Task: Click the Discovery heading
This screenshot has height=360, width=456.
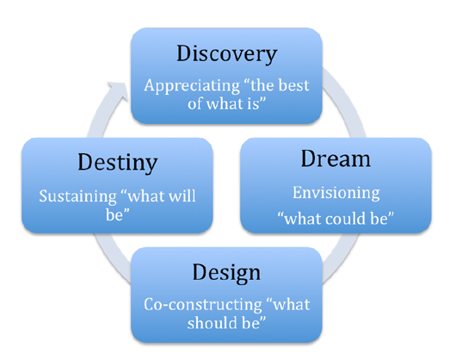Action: point(227,54)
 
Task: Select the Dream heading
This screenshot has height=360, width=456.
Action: point(336,158)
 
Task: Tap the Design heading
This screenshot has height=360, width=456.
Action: point(226,272)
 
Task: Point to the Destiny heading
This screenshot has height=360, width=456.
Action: point(118,163)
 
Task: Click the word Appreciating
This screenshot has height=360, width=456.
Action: point(192,86)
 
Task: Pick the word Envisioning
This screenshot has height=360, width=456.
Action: point(336,193)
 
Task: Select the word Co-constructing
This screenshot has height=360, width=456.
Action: point(203,305)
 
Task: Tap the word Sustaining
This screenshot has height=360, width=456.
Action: point(77,196)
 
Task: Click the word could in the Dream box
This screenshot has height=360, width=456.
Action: point(346,219)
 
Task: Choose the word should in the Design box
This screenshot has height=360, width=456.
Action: point(210,323)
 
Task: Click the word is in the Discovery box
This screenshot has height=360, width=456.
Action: point(253,103)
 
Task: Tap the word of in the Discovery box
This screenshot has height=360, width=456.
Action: point(194,103)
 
